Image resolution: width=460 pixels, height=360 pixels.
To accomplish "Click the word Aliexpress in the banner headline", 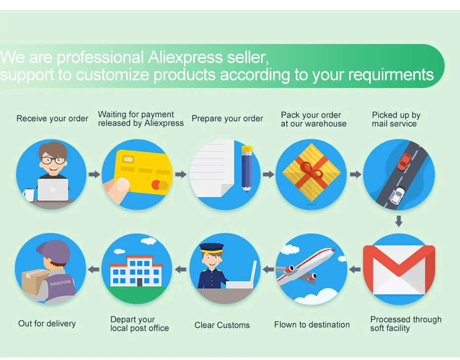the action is [x=185, y=57].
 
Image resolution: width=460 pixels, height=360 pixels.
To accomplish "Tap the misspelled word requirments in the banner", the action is [x=391, y=75].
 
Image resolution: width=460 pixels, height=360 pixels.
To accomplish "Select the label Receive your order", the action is [x=52, y=119].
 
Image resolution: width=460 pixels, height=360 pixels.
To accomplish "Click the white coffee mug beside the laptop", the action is [x=29, y=194].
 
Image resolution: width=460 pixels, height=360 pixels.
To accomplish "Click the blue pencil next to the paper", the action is [x=246, y=169].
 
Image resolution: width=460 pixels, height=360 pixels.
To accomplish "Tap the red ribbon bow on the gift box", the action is [x=312, y=171].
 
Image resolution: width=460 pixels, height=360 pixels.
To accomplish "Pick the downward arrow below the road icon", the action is [x=399, y=221].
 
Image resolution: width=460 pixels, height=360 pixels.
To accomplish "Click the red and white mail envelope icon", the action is [x=399, y=270].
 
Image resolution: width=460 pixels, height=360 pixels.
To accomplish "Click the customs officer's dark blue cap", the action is [x=212, y=248].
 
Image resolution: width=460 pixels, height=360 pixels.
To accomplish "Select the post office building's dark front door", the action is [x=139, y=282].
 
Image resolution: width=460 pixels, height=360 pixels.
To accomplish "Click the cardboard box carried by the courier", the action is [x=34, y=282].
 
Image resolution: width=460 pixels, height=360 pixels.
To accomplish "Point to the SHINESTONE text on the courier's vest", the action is [x=60, y=282].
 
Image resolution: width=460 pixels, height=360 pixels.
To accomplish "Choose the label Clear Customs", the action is [x=222, y=325].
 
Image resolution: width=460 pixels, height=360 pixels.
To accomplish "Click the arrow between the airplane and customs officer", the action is [x=268, y=269].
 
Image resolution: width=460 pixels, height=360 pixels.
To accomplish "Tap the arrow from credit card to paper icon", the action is [x=181, y=174].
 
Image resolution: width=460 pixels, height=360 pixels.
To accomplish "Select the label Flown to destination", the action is [x=312, y=324].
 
